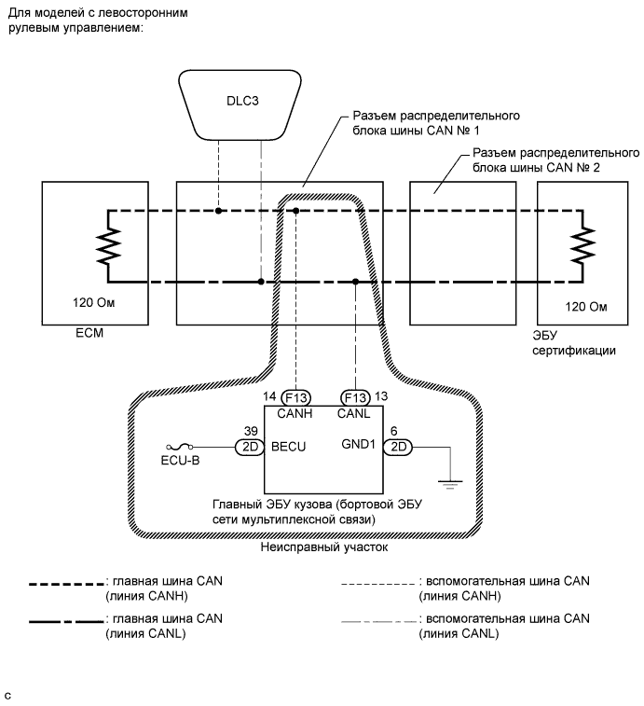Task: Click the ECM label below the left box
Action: (x=57, y=332)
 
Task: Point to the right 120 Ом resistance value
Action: (x=586, y=306)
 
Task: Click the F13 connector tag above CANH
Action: (x=296, y=395)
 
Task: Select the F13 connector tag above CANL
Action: (x=356, y=395)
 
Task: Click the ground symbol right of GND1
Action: (x=450, y=481)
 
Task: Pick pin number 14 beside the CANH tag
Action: (x=270, y=395)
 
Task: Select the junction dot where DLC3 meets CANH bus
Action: (x=218, y=212)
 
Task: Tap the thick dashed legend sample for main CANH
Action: (x=65, y=585)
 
